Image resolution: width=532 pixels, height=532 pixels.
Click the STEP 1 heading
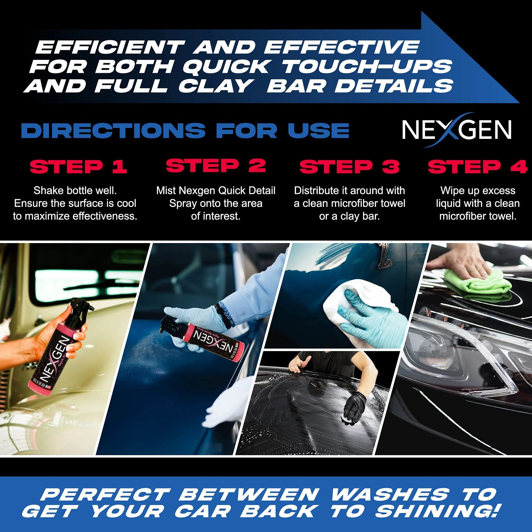[x=78, y=167]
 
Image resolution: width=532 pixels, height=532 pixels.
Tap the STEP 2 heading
[x=216, y=166]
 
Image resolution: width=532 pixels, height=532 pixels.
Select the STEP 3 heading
[x=349, y=167]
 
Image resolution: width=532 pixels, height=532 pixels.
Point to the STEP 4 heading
[x=477, y=167]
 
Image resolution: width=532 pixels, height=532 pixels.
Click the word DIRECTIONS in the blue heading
[x=113, y=130]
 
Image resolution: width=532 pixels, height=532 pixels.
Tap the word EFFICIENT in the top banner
[x=110, y=47]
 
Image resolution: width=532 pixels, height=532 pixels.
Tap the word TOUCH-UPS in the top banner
[x=367, y=67]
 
